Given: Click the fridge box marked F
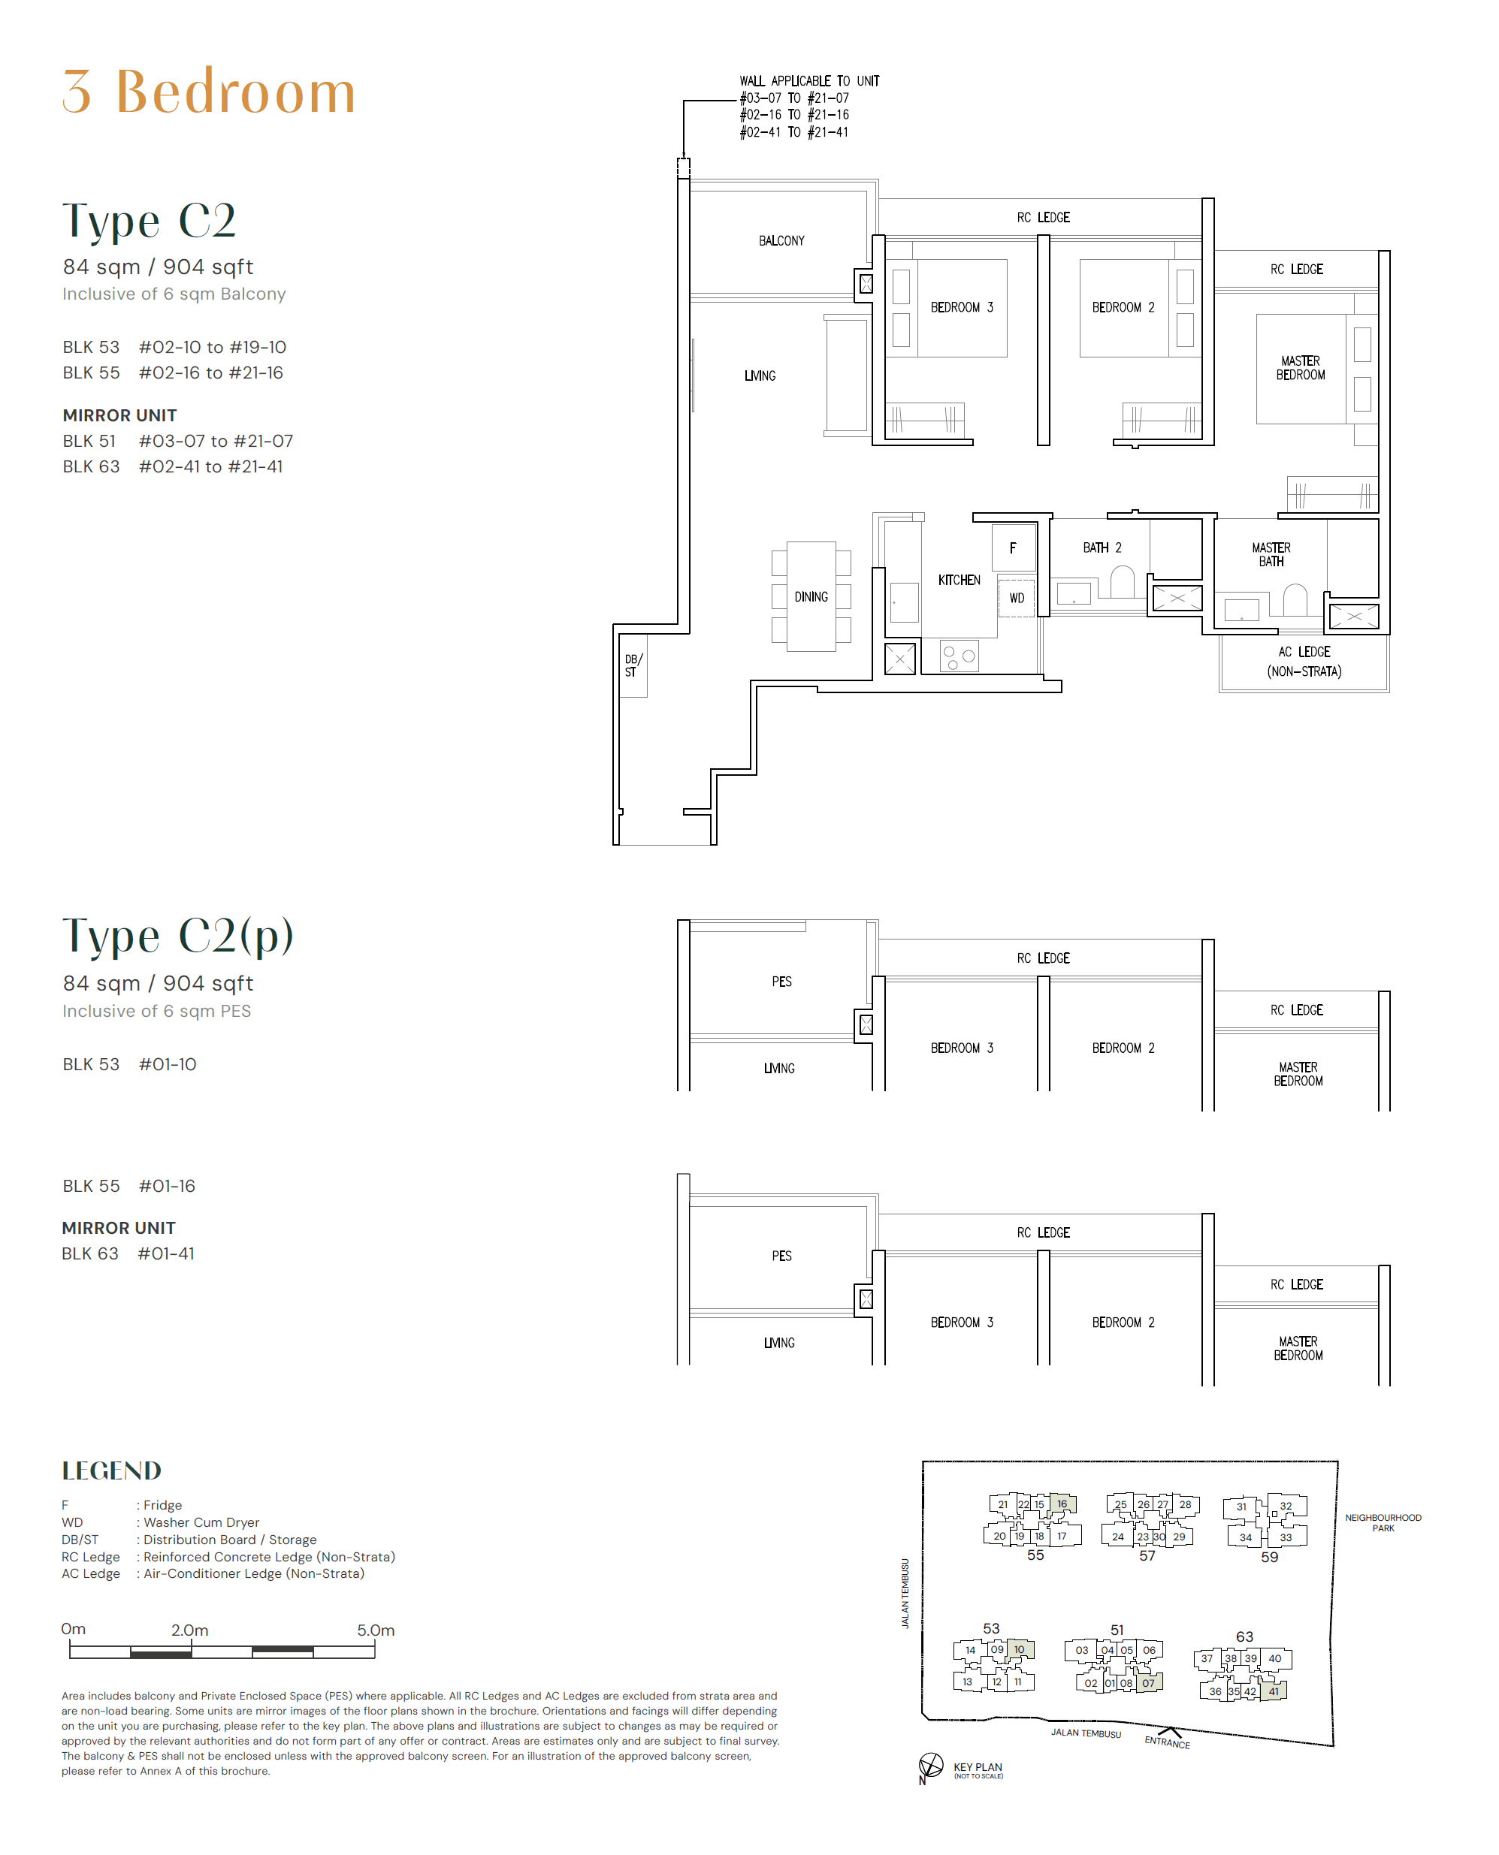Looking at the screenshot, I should click(x=1014, y=547).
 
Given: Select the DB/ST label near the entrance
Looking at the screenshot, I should click(x=633, y=665).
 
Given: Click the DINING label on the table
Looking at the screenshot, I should click(x=811, y=596).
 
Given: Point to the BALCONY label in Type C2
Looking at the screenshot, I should click(x=781, y=241).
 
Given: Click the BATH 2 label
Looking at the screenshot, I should click(x=1102, y=547).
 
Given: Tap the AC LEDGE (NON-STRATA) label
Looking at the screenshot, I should click(x=1304, y=661).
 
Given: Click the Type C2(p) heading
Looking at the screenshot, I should click(x=178, y=936).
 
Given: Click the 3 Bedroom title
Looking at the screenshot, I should click(x=209, y=92).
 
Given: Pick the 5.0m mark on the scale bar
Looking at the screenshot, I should click(x=376, y=1630).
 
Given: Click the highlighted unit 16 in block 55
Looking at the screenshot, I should click(x=1062, y=1504).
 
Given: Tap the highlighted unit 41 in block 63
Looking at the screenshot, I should click(x=1274, y=1691).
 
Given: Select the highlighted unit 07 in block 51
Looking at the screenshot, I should click(x=1148, y=1682).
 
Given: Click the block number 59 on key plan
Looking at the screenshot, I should click(x=1269, y=1557).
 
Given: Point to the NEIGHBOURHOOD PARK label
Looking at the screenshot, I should click(x=1383, y=1522).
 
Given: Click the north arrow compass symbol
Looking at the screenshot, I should click(x=931, y=1765).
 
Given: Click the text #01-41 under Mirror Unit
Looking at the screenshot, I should click(x=166, y=1253).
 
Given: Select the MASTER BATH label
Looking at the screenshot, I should click(x=1271, y=554).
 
